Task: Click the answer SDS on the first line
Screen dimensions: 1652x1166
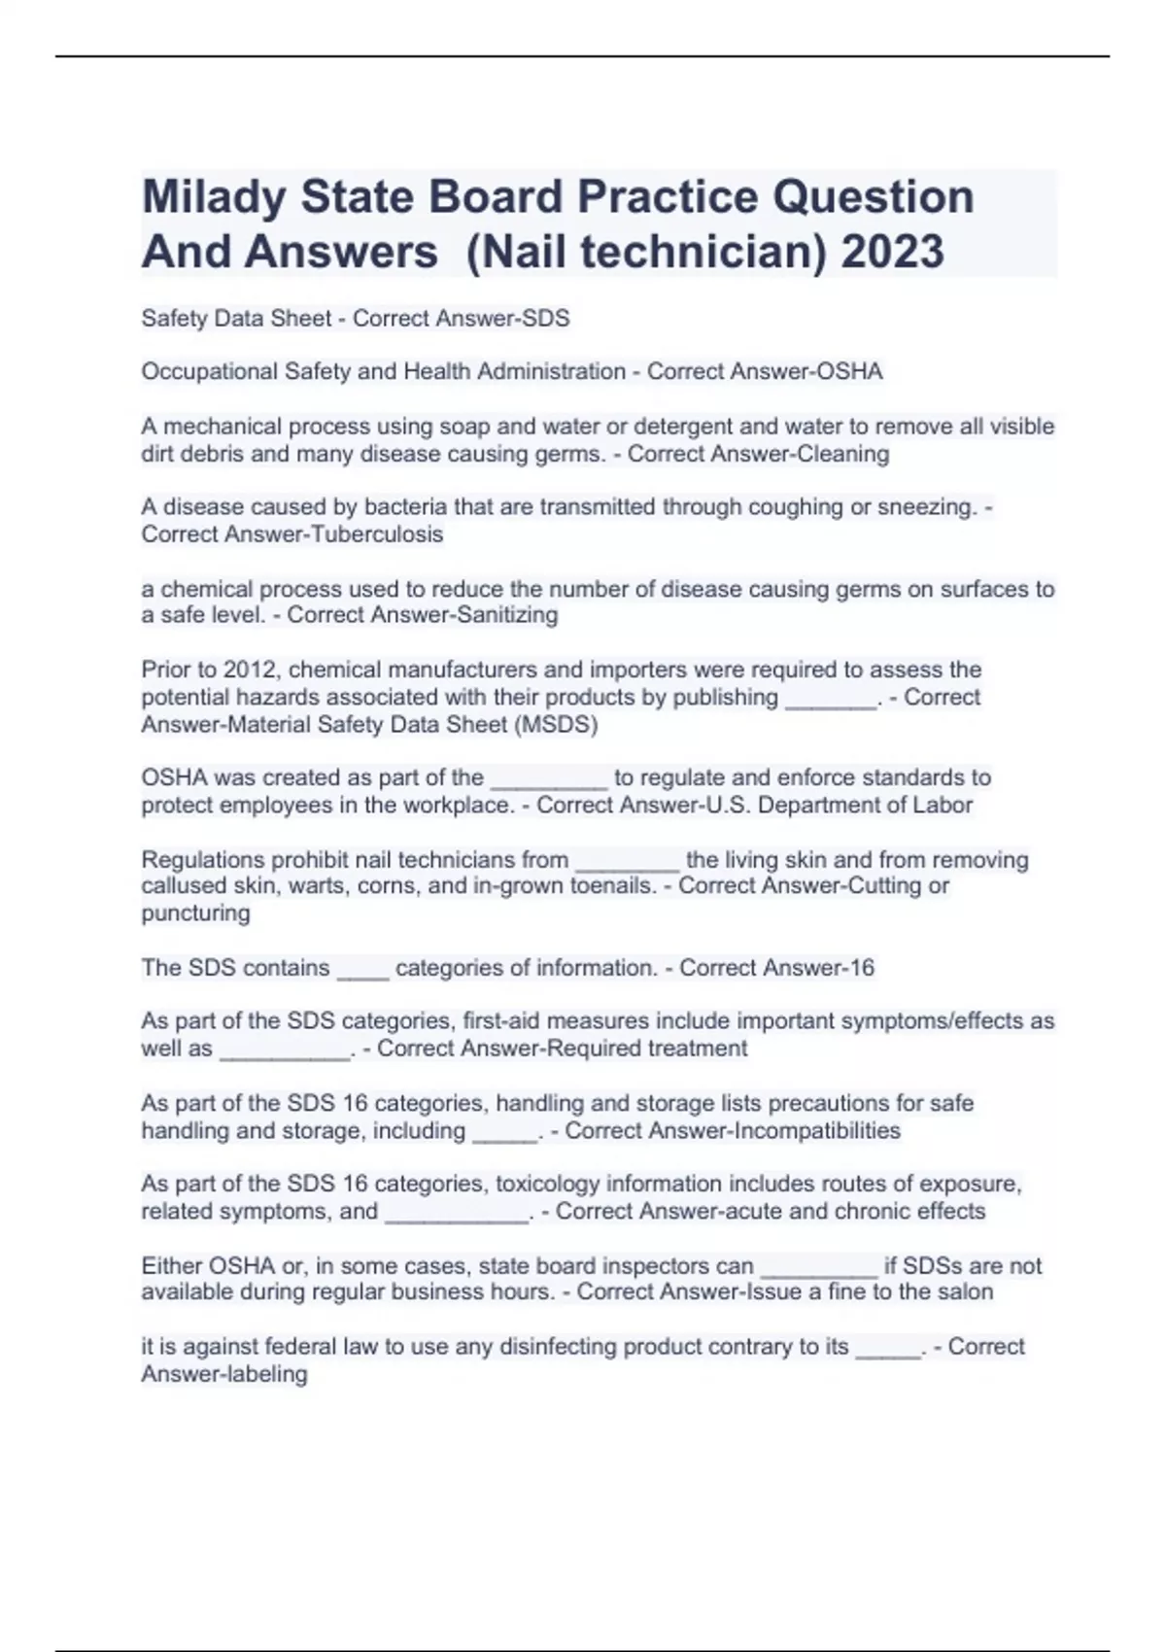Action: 546,319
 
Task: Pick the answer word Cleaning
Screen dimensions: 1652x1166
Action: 842,454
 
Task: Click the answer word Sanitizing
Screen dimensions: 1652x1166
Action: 510,615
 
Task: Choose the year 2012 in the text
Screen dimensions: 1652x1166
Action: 250,670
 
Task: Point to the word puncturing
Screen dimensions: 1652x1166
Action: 195,913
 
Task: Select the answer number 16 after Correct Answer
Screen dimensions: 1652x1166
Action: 861,968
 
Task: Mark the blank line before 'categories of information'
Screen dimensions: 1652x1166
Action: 362,972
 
